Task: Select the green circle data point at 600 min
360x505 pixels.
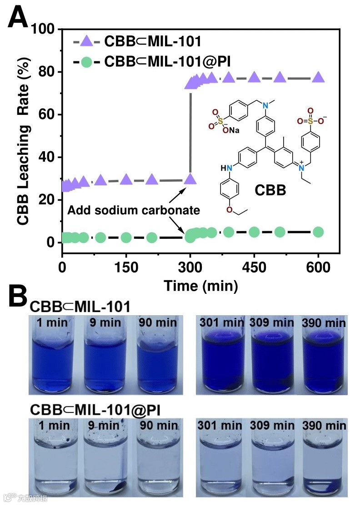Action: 319,232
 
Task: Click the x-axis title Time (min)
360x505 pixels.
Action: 200,286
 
